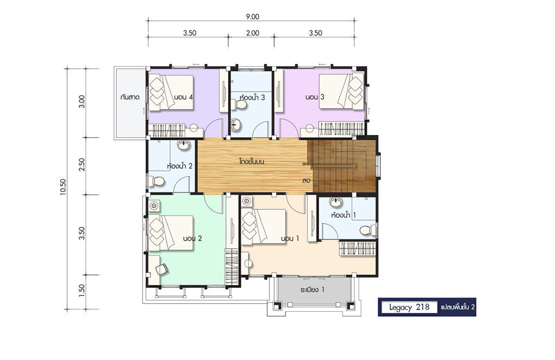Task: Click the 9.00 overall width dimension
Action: (x=251, y=17)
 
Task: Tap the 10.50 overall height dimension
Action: (x=63, y=187)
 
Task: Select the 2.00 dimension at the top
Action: (x=252, y=33)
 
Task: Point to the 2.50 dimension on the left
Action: (x=82, y=165)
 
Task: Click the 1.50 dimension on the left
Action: (x=82, y=291)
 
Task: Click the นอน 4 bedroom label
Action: (x=183, y=97)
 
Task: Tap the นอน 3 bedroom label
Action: (x=315, y=97)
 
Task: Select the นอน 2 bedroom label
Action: (x=192, y=239)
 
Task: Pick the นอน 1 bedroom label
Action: (x=290, y=239)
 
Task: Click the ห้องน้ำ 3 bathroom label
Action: (x=252, y=98)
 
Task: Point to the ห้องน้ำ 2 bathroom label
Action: (x=179, y=166)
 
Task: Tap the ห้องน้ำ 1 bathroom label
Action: (x=344, y=215)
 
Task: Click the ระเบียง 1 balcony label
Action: (x=312, y=290)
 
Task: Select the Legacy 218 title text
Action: (x=409, y=307)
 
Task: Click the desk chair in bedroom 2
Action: (x=162, y=269)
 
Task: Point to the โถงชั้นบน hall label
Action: (x=252, y=162)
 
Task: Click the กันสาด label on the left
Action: (x=130, y=97)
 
